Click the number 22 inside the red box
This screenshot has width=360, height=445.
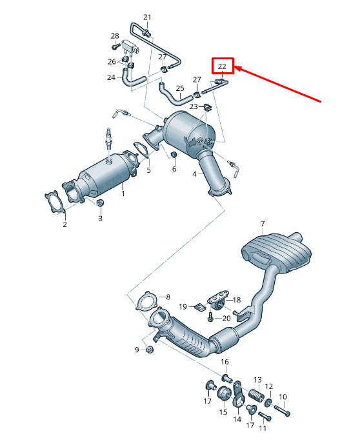click(x=222, y=66)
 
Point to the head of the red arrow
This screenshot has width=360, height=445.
click(x=234, y=67)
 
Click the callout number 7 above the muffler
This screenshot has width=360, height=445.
click(x=263, y=224)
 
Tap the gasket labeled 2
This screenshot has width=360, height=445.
click(x=55, y=202)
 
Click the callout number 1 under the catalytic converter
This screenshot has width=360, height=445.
click(x=123, y=193)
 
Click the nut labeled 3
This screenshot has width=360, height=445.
click(x=99, y=203)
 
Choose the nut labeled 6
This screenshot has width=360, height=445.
click(x=174, y=155)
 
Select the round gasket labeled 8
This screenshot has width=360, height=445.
click(x=146, y=301)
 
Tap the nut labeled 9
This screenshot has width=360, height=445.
click(x=149, y=349)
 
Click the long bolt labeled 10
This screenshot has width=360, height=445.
click(x=282, y=411)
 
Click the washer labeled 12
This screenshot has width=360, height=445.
click(x=268, y=402)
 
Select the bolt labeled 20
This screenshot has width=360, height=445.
click(x=210, y=316)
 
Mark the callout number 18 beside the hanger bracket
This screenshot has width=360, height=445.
click(x=237, y=300)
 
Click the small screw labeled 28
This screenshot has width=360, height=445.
click(x=115, y=46)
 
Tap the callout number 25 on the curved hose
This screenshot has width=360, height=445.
click(x=180, y=88)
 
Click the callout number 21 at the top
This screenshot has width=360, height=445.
click(x=147, y=17)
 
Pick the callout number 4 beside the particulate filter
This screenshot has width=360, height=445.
click(x=194, y=173)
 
